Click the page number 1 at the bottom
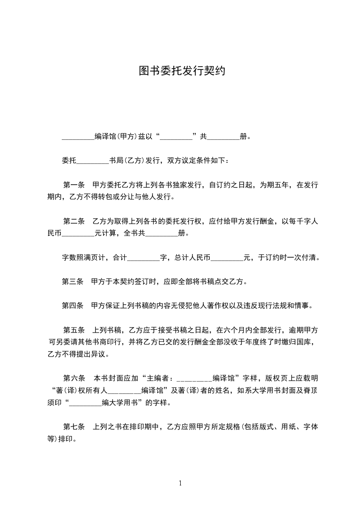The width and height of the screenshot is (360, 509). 180,483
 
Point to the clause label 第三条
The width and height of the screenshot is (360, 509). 73,281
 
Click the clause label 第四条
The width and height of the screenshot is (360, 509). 73,305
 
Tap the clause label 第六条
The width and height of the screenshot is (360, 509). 74,377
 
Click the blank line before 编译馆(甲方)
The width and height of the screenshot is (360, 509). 78,137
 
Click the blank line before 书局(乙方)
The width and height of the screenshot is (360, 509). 93,161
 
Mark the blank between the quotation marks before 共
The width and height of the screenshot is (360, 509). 176,137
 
